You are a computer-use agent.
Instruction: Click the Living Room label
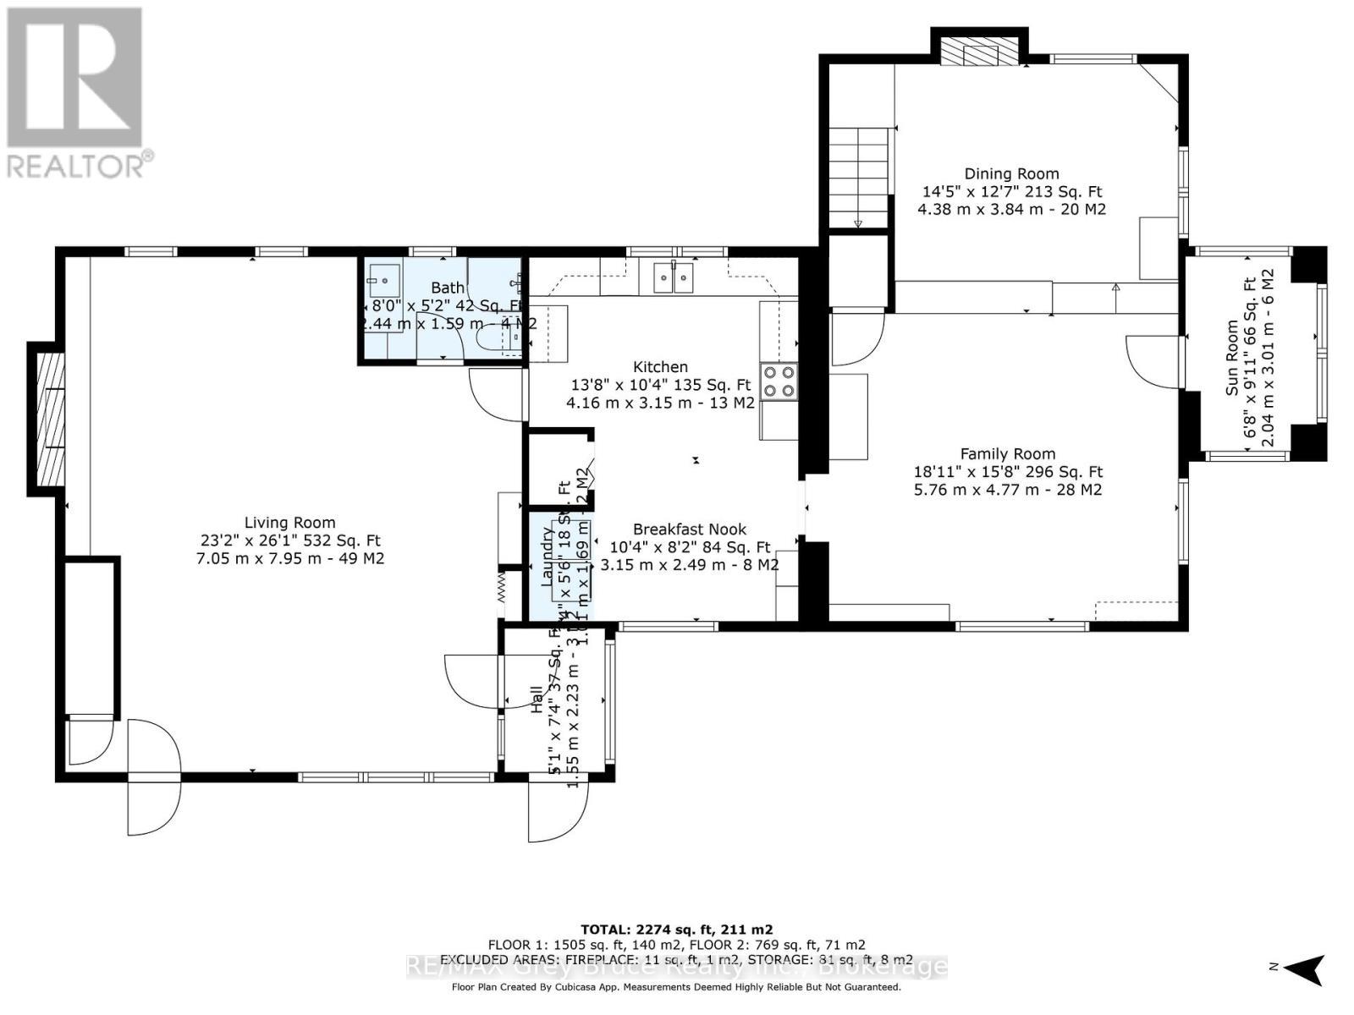pyautogui.click(x=289, y=523)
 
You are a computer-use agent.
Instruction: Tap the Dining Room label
pyautogui.click(x=1011, y=173)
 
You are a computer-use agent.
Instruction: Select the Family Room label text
pyautogui.click(x=1007, y=453)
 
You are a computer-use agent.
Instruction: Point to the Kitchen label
pyautogui.click(x=660, y=366)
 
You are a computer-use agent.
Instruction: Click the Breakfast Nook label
pyautogui.click(x=689, y=529)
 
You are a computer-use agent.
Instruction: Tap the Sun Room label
pyautogui.click(x=1231, y=355)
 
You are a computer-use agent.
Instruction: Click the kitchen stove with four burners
pyautogui.click(x=779, y=381)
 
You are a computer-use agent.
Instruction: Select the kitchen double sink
pyautogui.click(x=674, y=277)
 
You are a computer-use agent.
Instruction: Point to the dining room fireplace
pyautogui.click(x=980, y=52)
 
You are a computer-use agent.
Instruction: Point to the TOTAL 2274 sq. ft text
pyautogui.click(x=676, y=929)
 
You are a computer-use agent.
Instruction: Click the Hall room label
pyautogui.click(x=537, y=700)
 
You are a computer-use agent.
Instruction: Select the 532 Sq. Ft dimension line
pyautogui.click(x=289, y=540)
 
